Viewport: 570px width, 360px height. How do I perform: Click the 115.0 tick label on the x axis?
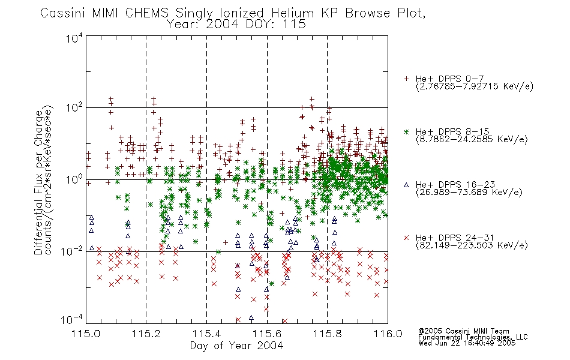(x=86, y=334)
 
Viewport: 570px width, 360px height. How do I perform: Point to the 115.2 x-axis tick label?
(x=146, y=334)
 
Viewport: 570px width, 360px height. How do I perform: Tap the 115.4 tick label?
(x=206, y=334)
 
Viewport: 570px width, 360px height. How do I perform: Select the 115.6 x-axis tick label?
(x=267, y=334)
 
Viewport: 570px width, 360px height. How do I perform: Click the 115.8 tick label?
(x=327, y=334)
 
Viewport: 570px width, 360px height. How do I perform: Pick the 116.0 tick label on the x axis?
(x=388, y=334)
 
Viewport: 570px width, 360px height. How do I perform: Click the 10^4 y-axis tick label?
(x=74, y=38)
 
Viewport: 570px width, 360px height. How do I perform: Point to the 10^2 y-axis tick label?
(x=74, y=107)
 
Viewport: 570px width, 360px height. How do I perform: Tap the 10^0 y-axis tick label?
(x=74, y=179)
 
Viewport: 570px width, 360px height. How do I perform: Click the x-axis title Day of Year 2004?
(x=236, y=346)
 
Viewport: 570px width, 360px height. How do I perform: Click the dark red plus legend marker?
(x=406, y=79)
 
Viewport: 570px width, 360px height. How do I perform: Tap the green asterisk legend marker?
(x=406, y=131)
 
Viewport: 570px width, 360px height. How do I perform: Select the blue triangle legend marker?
(x=406, y=185)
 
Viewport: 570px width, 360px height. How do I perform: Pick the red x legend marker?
(x=406, y=238)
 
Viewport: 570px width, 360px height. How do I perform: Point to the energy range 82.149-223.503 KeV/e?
(x=472, y=245)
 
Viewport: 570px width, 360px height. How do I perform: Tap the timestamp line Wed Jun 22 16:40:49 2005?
(x=467, y=343)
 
